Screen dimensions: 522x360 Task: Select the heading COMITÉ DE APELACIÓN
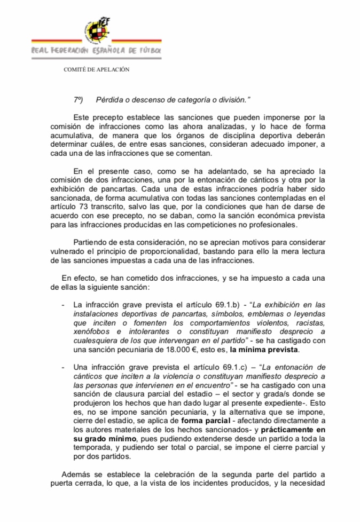[x=96, y=69]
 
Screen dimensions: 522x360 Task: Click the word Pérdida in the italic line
[x=108, y=100]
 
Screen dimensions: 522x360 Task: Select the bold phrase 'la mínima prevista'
[x=265, y=350]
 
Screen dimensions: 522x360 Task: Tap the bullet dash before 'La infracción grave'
[x=64, y=304]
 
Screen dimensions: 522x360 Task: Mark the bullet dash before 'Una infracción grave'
[x=64, y=368]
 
